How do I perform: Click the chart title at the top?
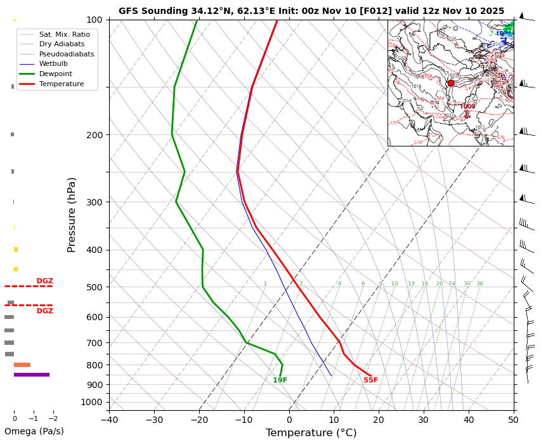311,11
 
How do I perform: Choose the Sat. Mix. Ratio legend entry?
64,34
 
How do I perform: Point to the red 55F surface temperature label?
370,380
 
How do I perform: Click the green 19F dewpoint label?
280,380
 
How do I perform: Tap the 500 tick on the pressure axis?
95,287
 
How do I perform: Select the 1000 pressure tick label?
92,402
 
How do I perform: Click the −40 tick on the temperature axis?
109,419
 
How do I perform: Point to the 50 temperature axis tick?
514,419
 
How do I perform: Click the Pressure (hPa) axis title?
72,214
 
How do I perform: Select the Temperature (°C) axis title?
311,433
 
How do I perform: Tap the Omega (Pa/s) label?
34,432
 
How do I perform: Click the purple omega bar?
32,375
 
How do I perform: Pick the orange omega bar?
22,365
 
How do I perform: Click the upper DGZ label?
44,281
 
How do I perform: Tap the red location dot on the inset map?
451,83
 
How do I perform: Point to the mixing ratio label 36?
479,284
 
